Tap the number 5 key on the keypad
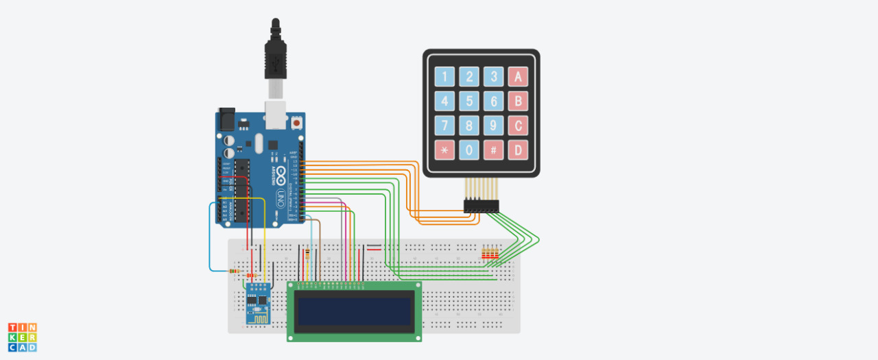469,102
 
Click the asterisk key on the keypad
444,149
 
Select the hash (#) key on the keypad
493,149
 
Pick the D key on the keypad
518,149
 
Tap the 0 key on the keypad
469,149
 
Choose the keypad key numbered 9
493,126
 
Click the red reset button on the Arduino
297,123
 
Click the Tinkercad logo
23,337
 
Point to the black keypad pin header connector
482,205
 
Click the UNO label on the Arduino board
280,200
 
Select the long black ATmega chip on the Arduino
242,192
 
